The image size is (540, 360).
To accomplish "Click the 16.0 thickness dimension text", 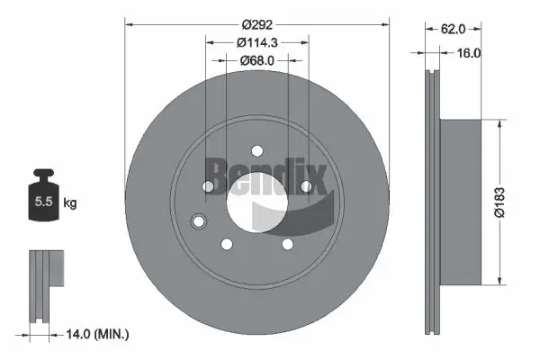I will tap(470, 53).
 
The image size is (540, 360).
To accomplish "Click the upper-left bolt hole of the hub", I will tap(209, 186).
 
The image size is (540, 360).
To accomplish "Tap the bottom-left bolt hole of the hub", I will tap(227, 243).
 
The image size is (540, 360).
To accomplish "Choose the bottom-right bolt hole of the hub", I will tap(286, 243).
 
